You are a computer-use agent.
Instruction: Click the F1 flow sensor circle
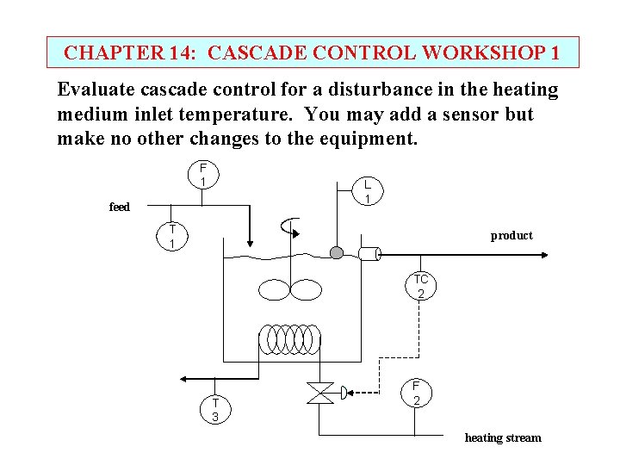click(202, 175)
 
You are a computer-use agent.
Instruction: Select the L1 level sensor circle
click(367, 192)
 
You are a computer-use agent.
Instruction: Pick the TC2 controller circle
click(420, 287)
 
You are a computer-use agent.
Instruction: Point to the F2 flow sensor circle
click(416, 394)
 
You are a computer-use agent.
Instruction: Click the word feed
click(120, 207)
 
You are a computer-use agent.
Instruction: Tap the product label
click(512, 235)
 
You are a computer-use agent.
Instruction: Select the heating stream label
click(503, 437)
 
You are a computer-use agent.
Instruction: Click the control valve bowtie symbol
click(320, 394)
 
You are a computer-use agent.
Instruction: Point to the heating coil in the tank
click(290, 338)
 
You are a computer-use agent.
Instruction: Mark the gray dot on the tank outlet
click(337, 252)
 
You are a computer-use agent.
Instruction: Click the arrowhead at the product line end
click(543, 253)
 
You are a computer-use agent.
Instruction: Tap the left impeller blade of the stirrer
click(275, 289)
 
